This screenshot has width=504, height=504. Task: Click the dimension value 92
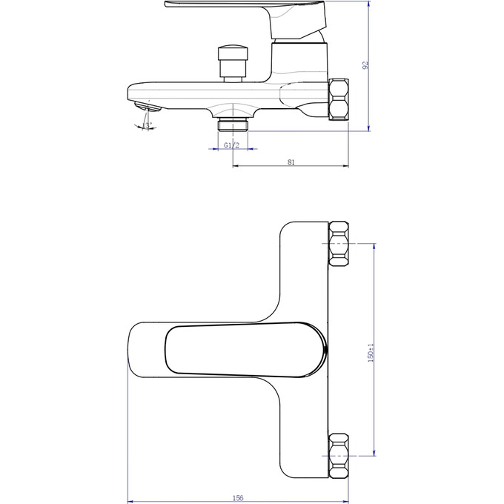click(x=365, y=65)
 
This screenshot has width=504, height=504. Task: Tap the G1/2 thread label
click(x=231, y=145)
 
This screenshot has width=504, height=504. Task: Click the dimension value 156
click(x=239, y=497)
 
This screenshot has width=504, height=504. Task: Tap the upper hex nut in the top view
click(x=339, y=243)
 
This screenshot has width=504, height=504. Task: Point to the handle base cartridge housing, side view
click(x=300, y=59)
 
